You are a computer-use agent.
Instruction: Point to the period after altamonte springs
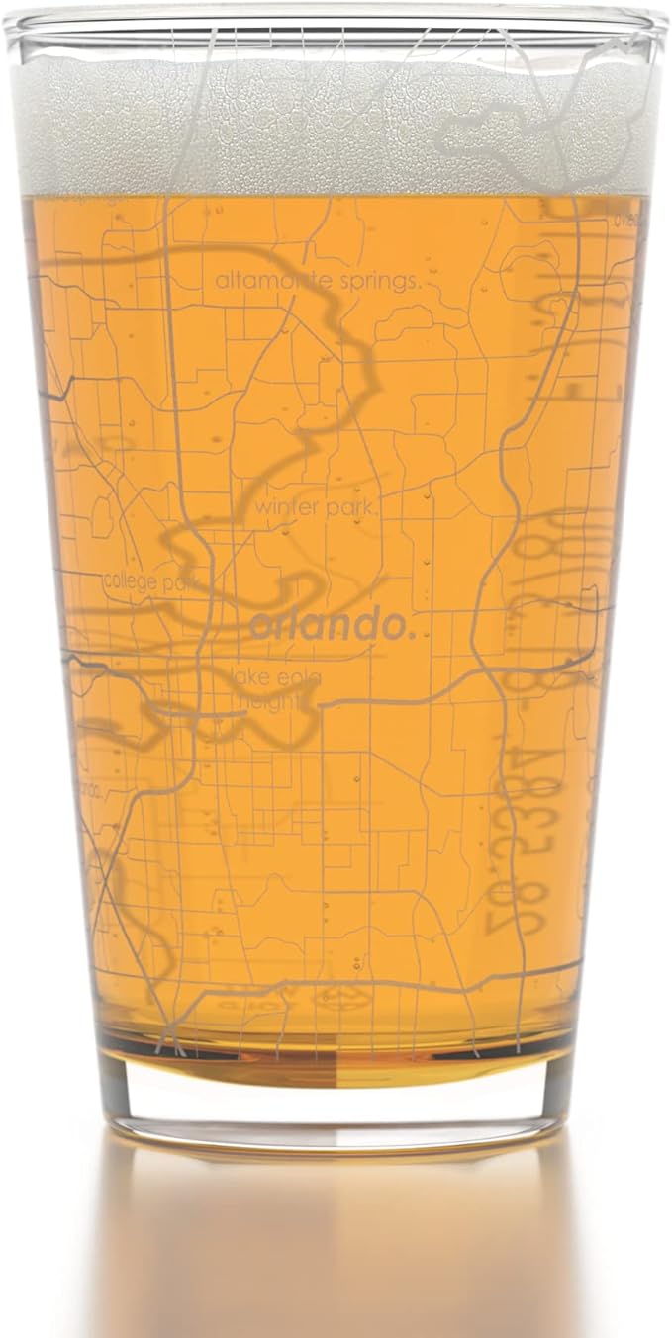click(x=420, y=286)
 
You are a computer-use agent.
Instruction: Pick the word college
click(x=130, y=581)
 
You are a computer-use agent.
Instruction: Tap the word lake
click(x=247, y=677)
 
